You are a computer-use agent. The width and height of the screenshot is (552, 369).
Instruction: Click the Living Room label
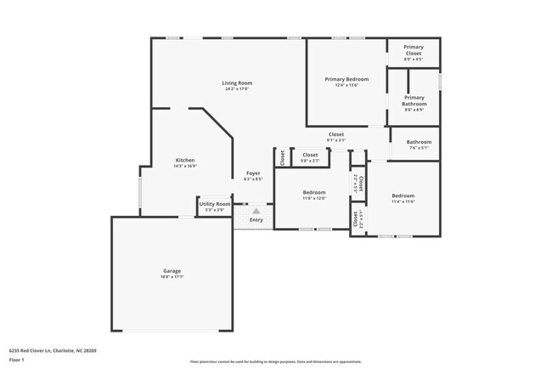point(238,82)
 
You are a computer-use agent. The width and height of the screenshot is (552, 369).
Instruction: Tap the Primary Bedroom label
point(346,79)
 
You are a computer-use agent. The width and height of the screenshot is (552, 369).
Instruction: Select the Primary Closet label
point(414,50)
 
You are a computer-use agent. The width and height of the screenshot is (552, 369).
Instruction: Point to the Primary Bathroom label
point(414,100)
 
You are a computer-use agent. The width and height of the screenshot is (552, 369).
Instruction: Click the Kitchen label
point(185,160)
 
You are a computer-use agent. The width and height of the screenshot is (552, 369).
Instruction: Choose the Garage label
point(172,271)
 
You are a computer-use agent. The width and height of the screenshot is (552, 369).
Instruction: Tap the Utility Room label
point(214,204)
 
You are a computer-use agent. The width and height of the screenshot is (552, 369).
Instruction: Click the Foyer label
point(253,173)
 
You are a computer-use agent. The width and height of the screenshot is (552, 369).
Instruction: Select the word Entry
point(256,220)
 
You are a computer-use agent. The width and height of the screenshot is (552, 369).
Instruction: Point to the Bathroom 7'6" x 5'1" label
point(419,142)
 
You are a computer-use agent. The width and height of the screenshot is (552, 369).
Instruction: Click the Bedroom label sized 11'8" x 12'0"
point(314,192)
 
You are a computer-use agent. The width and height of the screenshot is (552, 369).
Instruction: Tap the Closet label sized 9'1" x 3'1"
point(336,134)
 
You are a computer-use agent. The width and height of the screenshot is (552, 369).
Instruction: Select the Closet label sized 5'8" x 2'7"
point(310,155)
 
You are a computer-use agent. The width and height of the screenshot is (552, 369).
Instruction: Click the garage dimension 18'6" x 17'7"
point(172,277)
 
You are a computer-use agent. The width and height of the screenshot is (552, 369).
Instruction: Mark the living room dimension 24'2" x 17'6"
point(238,88)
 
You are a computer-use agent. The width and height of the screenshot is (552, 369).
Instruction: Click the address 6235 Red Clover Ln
point(53,349)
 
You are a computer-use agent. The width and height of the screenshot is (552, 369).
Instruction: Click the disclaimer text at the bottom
point(277,361)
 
